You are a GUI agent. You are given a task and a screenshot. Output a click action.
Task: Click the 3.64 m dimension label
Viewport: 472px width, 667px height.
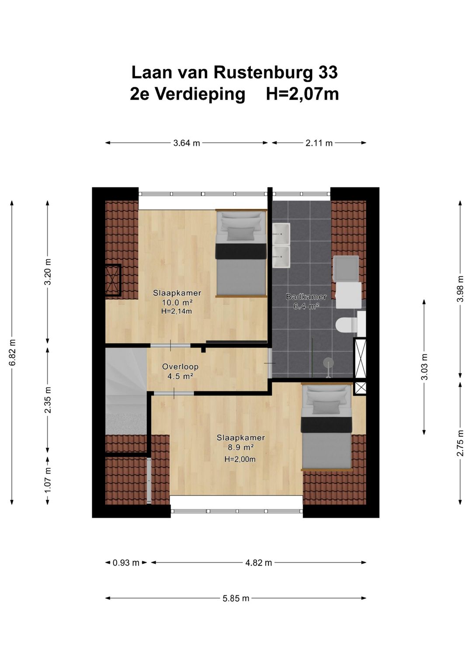tap(187, 143)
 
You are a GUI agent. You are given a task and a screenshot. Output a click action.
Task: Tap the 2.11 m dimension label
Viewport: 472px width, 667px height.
tap(319, 143)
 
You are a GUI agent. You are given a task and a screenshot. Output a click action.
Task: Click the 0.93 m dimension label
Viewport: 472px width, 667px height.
tap(126, 563)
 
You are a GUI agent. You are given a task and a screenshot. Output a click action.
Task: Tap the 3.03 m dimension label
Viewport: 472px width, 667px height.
tap(424, 366)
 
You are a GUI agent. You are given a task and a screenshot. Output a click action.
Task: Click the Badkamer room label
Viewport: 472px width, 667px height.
tap(306, 297)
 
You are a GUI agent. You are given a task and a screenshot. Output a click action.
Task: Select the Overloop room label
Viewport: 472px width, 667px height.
tap(180, 366)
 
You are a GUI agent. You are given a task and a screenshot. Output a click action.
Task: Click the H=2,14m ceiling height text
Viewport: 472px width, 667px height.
tap(177, 311)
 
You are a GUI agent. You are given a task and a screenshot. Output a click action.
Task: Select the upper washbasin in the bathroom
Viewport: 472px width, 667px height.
tap(281, 233)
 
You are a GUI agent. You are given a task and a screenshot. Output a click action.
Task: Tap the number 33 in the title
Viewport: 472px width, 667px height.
tap(328, 73)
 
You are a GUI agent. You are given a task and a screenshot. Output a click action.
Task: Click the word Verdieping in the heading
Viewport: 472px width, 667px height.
tap(200, 94)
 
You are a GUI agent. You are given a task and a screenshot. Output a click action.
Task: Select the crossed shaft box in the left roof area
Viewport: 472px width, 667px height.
tap(113, 280)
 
